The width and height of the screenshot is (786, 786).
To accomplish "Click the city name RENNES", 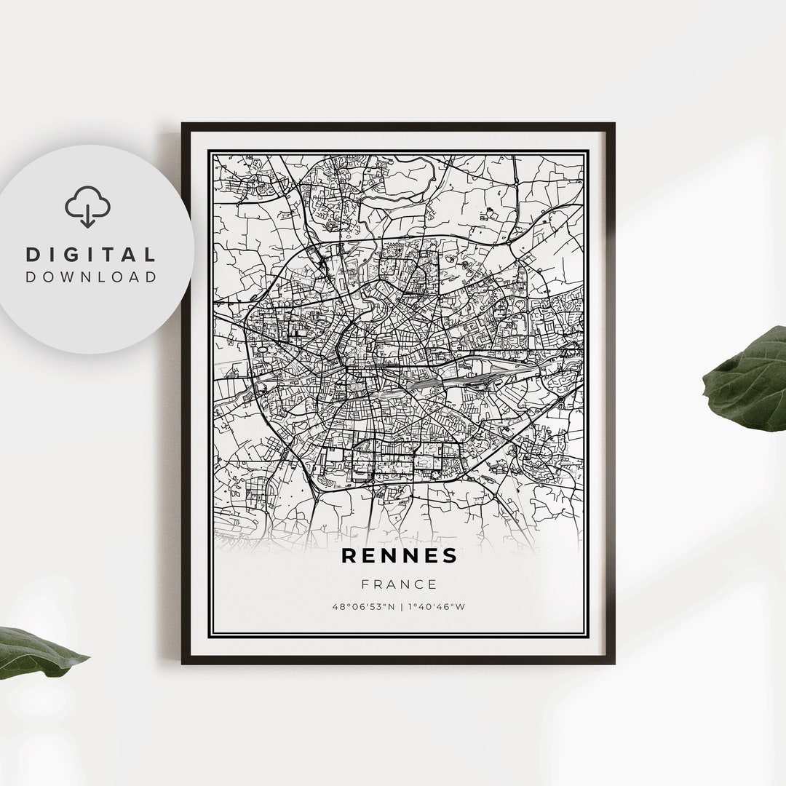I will click(400, 556).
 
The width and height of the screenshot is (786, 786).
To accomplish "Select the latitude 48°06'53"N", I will click(362, 606).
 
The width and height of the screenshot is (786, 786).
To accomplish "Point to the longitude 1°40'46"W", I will click(437, 606).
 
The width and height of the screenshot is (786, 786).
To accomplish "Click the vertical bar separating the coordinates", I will click(399, 606).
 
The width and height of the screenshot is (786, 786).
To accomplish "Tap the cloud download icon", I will click(87, 207).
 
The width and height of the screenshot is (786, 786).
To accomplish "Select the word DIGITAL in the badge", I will click(91, 255).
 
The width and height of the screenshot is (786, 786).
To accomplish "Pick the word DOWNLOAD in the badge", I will click(91, 277).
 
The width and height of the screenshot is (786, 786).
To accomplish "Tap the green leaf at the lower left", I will click(36, 651).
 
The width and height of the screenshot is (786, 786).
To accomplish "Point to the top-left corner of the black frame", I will click(183, 124).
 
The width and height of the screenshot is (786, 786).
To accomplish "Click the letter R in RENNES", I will click(349, 556).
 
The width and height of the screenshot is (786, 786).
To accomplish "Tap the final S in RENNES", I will click(450, 556).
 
